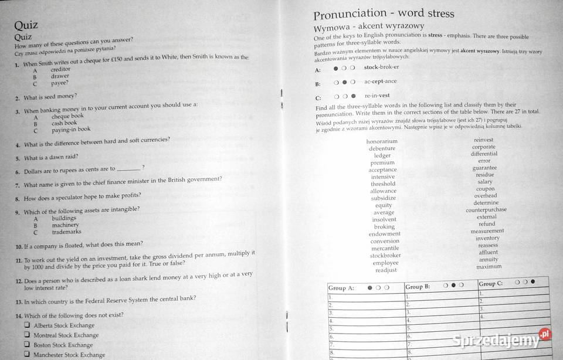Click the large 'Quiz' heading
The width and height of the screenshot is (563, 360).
[26, 25]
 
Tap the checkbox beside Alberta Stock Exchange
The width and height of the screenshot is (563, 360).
[27, 324]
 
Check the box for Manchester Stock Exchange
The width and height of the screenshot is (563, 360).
[27, 354]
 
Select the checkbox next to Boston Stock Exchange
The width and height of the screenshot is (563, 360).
[27, 344]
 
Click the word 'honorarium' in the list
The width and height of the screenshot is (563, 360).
[382, 141]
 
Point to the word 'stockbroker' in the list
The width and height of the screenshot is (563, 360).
[385, 256]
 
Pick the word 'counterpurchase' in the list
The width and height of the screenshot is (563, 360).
[486, 210]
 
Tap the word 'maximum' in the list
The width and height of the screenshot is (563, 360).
[489, 267]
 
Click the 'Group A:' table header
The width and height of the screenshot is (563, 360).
[341, 288]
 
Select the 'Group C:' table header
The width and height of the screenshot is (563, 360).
[491, 283]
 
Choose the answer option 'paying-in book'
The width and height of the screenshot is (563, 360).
[71, 130]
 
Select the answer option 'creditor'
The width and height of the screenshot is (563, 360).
[60, 69]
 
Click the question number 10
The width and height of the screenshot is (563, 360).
[19, 246]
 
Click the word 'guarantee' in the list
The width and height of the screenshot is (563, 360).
[484, 168]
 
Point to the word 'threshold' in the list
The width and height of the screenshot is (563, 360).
[383, 184]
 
